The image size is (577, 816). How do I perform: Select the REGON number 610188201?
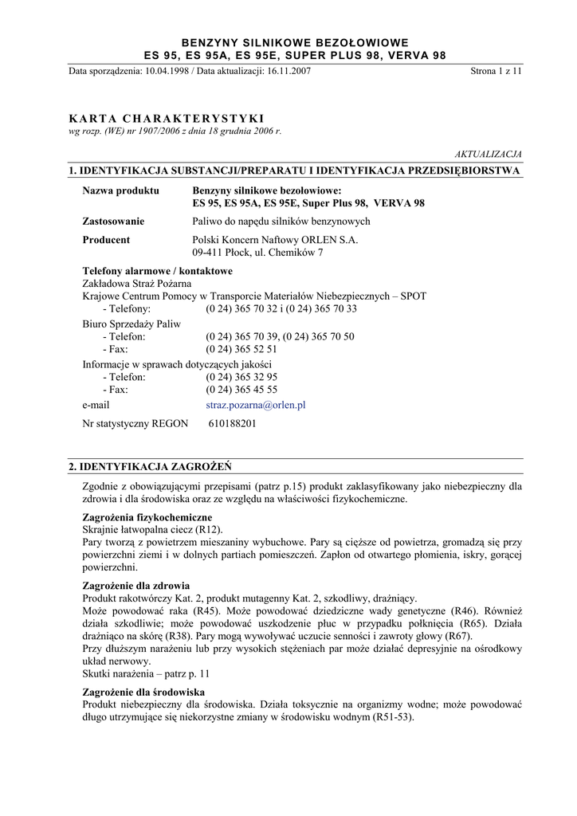[x=232, y=424]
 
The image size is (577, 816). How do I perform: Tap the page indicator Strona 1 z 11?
[x=496, y=71]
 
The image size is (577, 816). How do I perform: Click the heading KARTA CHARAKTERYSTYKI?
[x=167, y=118]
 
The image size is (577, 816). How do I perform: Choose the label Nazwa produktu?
[x=121, y=190]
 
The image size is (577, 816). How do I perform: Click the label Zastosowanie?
[x=114, y=221]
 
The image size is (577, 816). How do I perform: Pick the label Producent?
[x=106, y=239]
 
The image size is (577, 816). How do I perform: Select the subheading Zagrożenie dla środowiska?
[x=143, y=692]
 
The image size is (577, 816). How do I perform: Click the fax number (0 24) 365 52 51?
[x=241, y=349]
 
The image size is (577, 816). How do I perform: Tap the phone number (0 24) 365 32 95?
[x=241, y=377]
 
